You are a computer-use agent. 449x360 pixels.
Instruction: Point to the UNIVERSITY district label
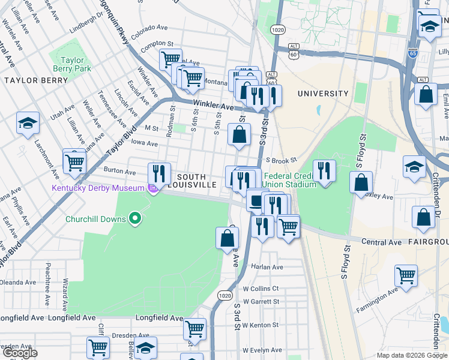(x=323, y=94)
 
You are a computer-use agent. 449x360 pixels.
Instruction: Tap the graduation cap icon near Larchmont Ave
(x=28, y=124)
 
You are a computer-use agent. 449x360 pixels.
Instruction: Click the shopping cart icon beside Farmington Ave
(x=406, y=276)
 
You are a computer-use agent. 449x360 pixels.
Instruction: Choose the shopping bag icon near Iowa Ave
(x=240, y=136)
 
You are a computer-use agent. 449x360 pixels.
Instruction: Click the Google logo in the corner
(x=20, y=353)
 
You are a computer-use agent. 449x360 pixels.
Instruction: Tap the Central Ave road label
(x=381, y=242)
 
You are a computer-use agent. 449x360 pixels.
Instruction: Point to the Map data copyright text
(x=411, y=355)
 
